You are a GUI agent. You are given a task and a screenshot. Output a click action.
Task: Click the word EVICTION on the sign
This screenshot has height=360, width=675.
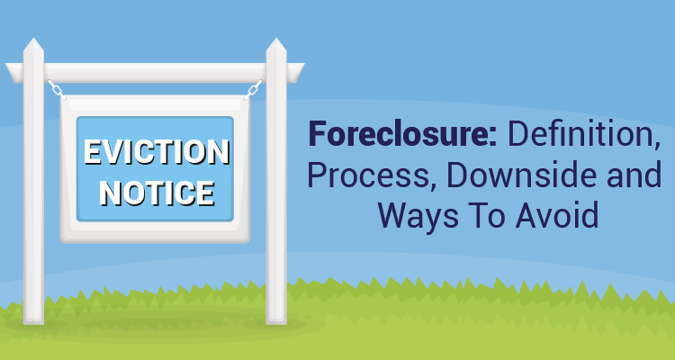click(157, 152)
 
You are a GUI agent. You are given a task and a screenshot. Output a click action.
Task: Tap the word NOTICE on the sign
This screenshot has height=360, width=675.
click(157, 193)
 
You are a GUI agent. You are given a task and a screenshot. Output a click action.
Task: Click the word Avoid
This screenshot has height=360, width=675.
click(557, 214)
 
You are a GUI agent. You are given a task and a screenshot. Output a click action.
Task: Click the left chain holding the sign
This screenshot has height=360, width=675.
click(57, 90)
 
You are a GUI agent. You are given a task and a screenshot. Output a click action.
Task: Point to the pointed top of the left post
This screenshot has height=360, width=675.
click(33, 39)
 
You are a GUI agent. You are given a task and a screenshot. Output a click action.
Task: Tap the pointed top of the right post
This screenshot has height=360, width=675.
click(276, 39)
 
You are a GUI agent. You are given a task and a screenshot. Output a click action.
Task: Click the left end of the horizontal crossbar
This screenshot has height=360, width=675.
click(6, 65)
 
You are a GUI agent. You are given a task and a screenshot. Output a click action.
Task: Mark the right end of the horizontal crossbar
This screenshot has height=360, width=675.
click(304, 65)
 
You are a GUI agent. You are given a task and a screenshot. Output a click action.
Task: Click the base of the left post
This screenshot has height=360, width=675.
click(33, 320)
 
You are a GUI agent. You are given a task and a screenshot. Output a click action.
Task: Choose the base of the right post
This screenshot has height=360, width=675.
click(276, 320)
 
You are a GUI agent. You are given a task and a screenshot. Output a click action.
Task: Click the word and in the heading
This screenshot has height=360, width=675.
click(634, 175)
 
